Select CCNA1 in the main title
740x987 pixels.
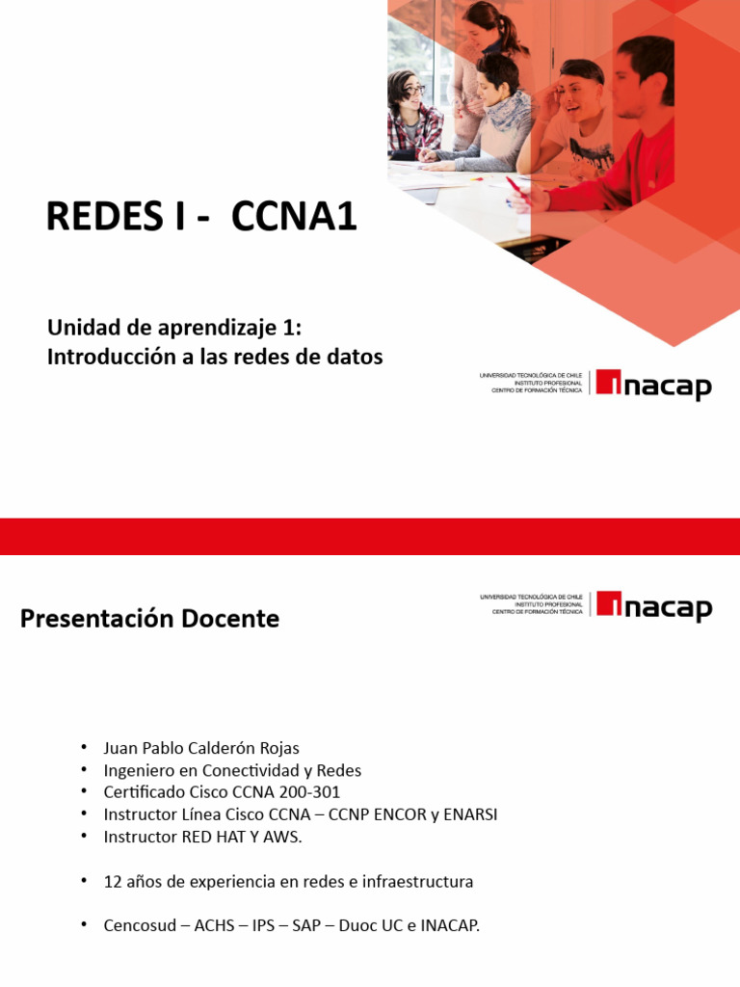[x=294, y=217]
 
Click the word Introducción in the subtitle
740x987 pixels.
[x=106, y=357]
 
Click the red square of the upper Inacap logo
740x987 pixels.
[x=609, y=382]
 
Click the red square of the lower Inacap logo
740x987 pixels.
[x=609, y=603]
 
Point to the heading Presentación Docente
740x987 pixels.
[x=149, y=619]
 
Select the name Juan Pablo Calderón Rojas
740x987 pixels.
[x=201, y=748]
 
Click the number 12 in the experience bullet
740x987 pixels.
[x=113, y=882]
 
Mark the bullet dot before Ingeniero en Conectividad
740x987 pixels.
[x=84, y=770]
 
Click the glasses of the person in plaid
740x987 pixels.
[x=412, y=93]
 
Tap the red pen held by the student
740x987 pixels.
[x=515, y=185]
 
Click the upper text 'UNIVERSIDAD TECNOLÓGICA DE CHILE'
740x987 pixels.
[x=531, y=375]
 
